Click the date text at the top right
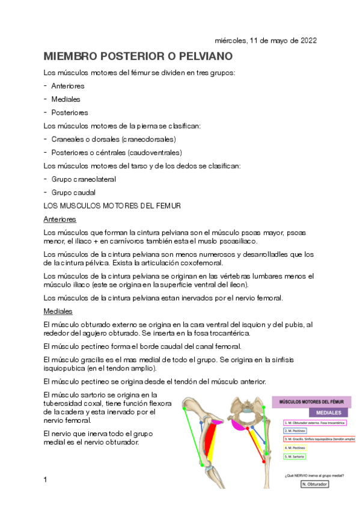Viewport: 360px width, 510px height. tap(266, 41)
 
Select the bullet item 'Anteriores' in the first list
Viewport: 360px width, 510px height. tap(68, 86)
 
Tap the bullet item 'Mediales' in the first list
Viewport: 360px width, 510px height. tap(66, 99)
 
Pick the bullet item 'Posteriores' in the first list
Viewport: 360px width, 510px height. tap(70, 112)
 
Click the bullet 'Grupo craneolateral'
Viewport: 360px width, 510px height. tap(84, 179)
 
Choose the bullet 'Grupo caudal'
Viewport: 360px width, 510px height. tap(73, 192)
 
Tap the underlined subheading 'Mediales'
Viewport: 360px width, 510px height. tap(58, 312)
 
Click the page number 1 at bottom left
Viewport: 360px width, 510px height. tap(46, 479)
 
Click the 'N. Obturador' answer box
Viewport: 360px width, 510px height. tap(315, 484)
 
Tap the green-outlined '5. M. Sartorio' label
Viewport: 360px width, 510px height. tap(294, 456)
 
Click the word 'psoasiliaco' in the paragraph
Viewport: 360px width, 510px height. tap(237, 241)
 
